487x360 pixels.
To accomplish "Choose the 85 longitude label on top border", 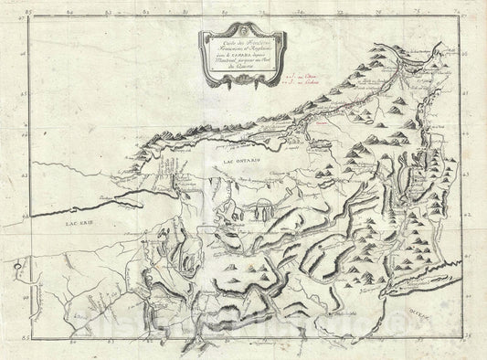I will pyautogui.click(x=35, y=14).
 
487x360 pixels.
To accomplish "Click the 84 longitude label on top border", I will pyautogui.click(x=76, y=14).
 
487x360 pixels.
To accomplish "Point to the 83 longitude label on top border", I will pyautogui.click(x=117, y=14).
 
